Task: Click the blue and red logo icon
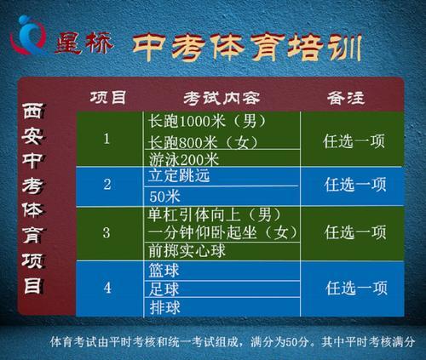(28, 36)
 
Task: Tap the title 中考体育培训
(247, 47)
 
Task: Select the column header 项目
(108, 97)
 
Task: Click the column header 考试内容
(222, 99)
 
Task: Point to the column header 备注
(346, 98)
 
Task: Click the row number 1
(106, 139)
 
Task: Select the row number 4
(107, 288)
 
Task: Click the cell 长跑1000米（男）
(207, 122)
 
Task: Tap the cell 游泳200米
(184, 159)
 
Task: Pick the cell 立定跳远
(179, 175)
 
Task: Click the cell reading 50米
(164, 197)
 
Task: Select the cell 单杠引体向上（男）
(215, 215)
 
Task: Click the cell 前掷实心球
(187, 251)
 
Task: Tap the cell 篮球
(164, 271)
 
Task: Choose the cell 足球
(164, 289)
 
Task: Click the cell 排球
(165, 307)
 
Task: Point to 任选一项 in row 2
(355, 185)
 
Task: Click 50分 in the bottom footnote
(297, 342)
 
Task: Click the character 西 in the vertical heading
(33, 111)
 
